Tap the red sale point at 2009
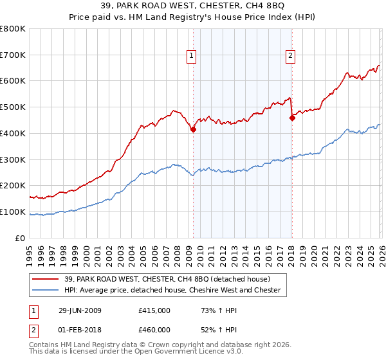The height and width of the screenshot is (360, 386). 193,129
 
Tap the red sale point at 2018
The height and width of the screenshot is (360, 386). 292,118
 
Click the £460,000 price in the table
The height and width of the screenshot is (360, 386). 154,329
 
